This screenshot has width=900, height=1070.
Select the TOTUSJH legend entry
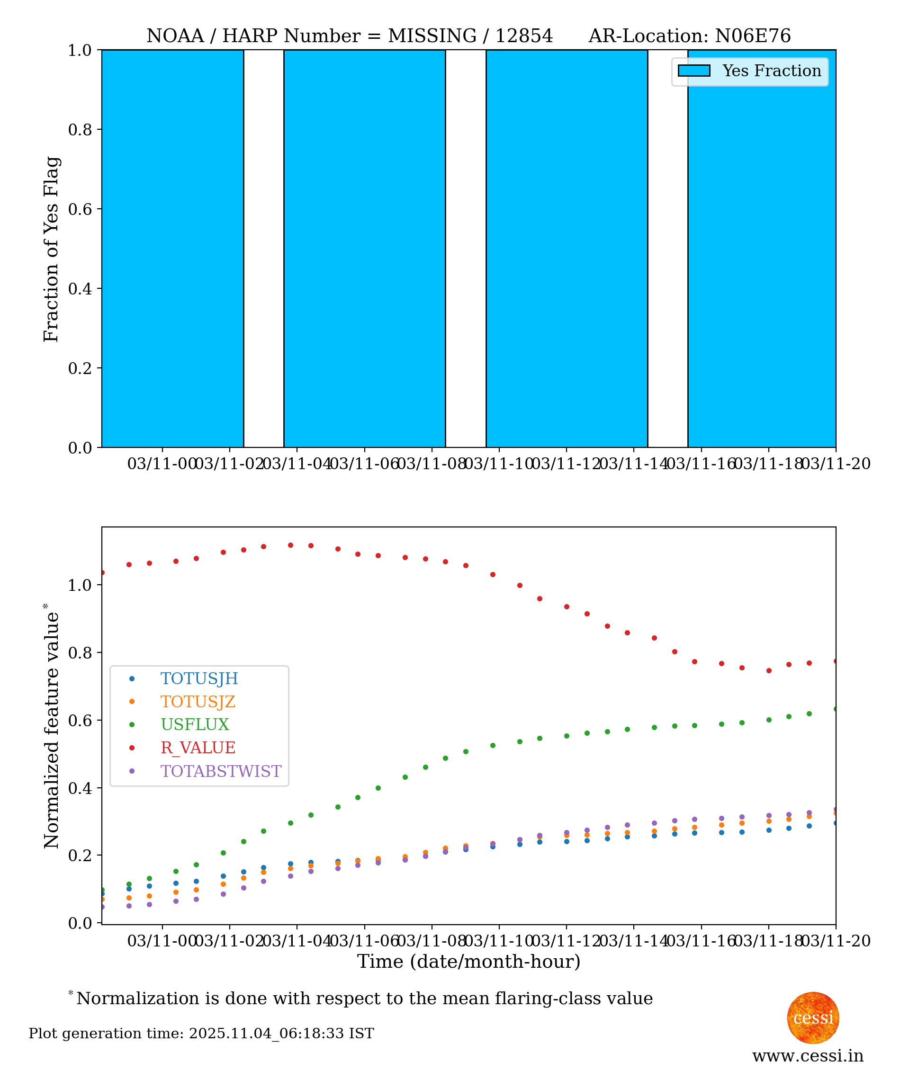click(199, 678)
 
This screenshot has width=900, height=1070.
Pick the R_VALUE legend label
click(198, 748)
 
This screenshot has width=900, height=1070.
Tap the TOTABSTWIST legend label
click(221, 771)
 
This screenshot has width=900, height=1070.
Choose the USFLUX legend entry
click(195, 725)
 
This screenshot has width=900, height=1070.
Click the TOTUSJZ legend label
click(198, 702)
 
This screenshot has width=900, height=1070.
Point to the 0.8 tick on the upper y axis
click(80, 130)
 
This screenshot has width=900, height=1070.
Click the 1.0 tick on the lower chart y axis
click(80, 585)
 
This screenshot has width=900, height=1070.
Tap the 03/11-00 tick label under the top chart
click(162, 464)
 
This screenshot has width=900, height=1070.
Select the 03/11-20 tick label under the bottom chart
click(836, 940)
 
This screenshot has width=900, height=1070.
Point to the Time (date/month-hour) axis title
click(468, 962)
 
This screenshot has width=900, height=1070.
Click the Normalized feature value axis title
click(52, 726)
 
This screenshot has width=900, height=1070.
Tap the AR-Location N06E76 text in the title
click(689, 36)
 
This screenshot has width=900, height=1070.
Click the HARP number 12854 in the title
click(524, 36)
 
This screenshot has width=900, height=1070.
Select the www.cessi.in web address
click(808, 1056)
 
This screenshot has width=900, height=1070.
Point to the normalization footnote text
click(364, 998)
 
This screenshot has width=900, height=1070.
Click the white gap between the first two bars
click(263, 249)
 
